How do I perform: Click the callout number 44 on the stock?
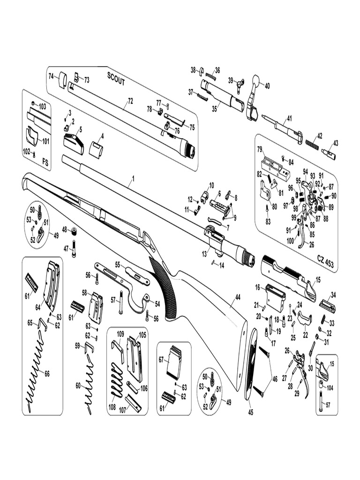pos(238,297)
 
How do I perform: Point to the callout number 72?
pos(130,101)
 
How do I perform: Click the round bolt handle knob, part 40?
pos(256,79)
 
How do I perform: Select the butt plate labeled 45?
pos(250,364)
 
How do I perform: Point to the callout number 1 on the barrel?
pos(133,179)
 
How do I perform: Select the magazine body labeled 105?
pos(135,359)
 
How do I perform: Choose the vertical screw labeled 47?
pos(74,251)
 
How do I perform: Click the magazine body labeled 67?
pos(174,361)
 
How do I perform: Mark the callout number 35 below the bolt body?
pos(215,108)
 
